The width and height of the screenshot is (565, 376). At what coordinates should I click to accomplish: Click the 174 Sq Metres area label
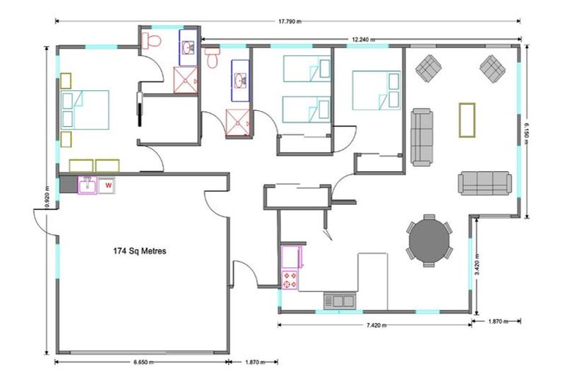point(140,250)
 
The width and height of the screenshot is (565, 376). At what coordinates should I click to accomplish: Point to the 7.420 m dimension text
point(377,325)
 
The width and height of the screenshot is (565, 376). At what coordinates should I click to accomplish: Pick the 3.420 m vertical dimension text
point(477,264)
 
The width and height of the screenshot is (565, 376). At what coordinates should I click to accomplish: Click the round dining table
point(430,241)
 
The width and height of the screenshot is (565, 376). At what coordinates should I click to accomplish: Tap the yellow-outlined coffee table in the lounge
point(467,120)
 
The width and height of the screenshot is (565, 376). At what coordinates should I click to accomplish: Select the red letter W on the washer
point(108,186)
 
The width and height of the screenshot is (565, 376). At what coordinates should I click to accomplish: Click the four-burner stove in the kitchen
point(290,280)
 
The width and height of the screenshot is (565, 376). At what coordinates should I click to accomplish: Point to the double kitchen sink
point(339,300)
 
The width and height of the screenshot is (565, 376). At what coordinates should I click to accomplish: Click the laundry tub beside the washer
point(88,185)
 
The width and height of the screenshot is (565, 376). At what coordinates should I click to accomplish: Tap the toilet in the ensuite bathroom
point(152,40)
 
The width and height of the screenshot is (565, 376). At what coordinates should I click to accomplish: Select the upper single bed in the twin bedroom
point(307,68)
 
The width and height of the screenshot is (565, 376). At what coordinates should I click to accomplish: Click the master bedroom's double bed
point(85,109)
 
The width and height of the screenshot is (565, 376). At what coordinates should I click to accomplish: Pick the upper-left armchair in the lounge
point(428,68)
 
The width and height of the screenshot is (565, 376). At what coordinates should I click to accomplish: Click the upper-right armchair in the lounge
point(493,68)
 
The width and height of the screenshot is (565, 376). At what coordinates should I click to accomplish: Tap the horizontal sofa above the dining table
point(485,183)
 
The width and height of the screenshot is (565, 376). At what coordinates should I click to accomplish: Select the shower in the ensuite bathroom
point(185,80)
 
